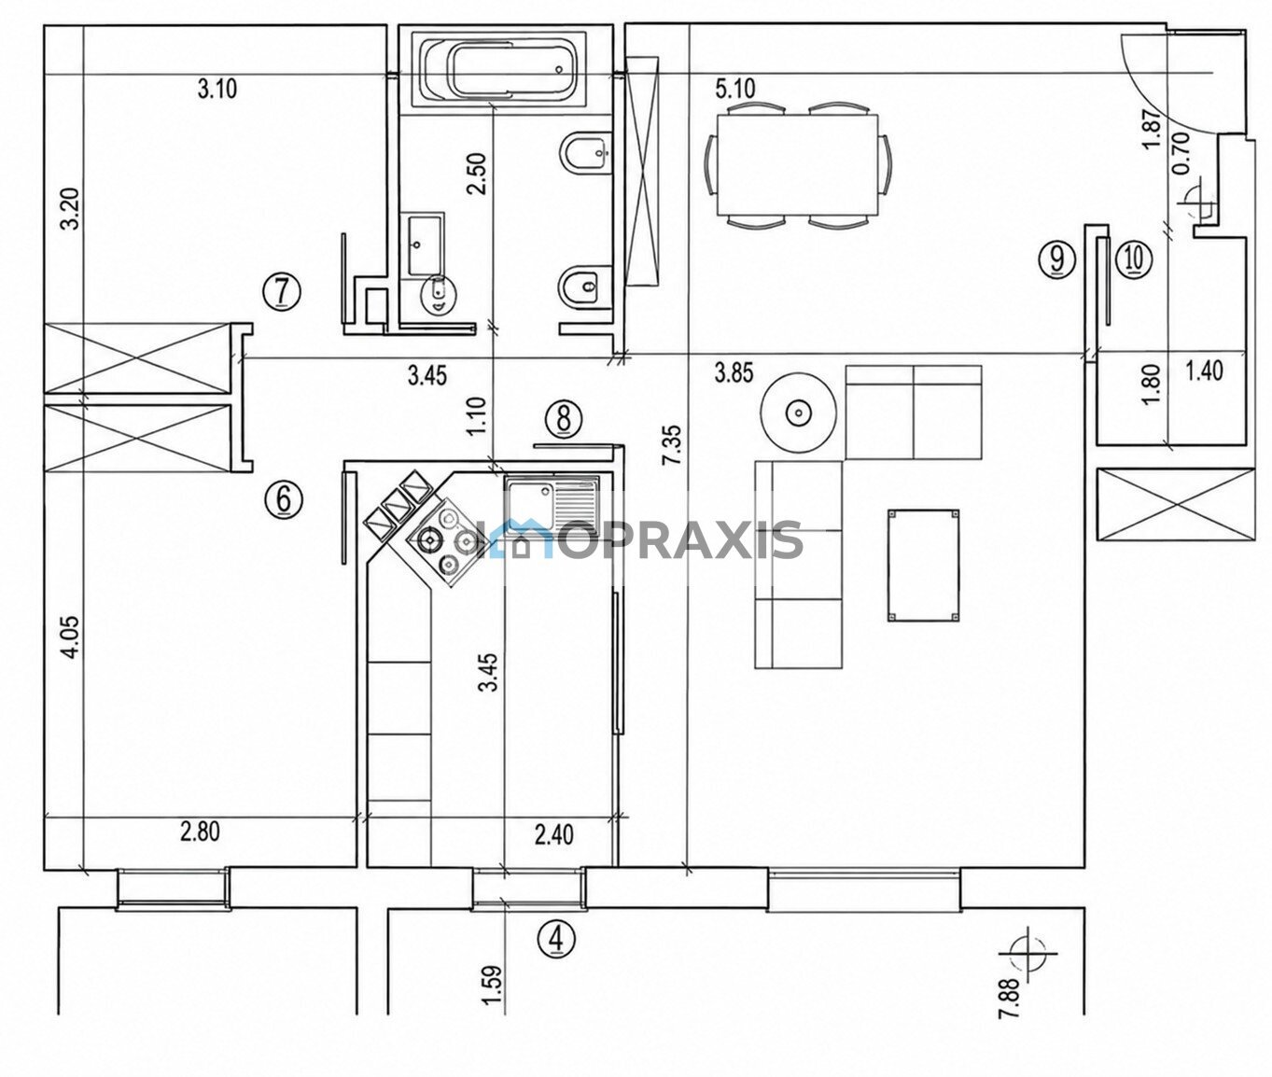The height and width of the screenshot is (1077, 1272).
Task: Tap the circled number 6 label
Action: (284, 497)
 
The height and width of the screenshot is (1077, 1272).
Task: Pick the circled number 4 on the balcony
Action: (556, 940)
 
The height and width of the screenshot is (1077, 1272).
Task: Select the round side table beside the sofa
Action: (799, 413)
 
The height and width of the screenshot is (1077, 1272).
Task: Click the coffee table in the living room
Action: (922, 566)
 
